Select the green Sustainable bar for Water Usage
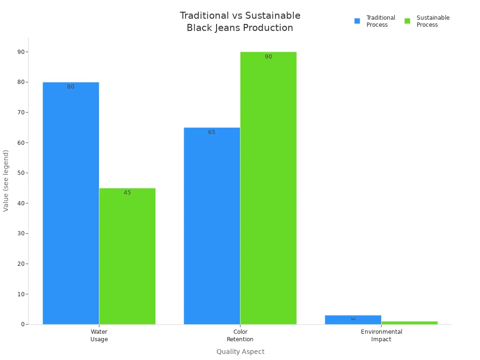(x=127, y=256)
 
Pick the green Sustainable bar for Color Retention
(x=268, y=188)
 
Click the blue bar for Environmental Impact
(x=353, y=320)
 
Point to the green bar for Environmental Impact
(x=409, y=322)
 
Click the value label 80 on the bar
(x=71, y=87)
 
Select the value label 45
(x=127, y=193)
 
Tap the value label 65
(x=212, y=132)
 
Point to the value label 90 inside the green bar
(x=268, y=57)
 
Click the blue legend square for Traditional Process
(x=357, y=21)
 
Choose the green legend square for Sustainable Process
(x=407, y=21)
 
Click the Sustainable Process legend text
(x=433, y=21)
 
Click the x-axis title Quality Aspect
(x=240, y=352)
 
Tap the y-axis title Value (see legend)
(x=6, y=180)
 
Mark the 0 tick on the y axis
(x=22, y=324)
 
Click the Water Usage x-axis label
(x=99, y=335)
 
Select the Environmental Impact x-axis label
(x=381, y=335)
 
